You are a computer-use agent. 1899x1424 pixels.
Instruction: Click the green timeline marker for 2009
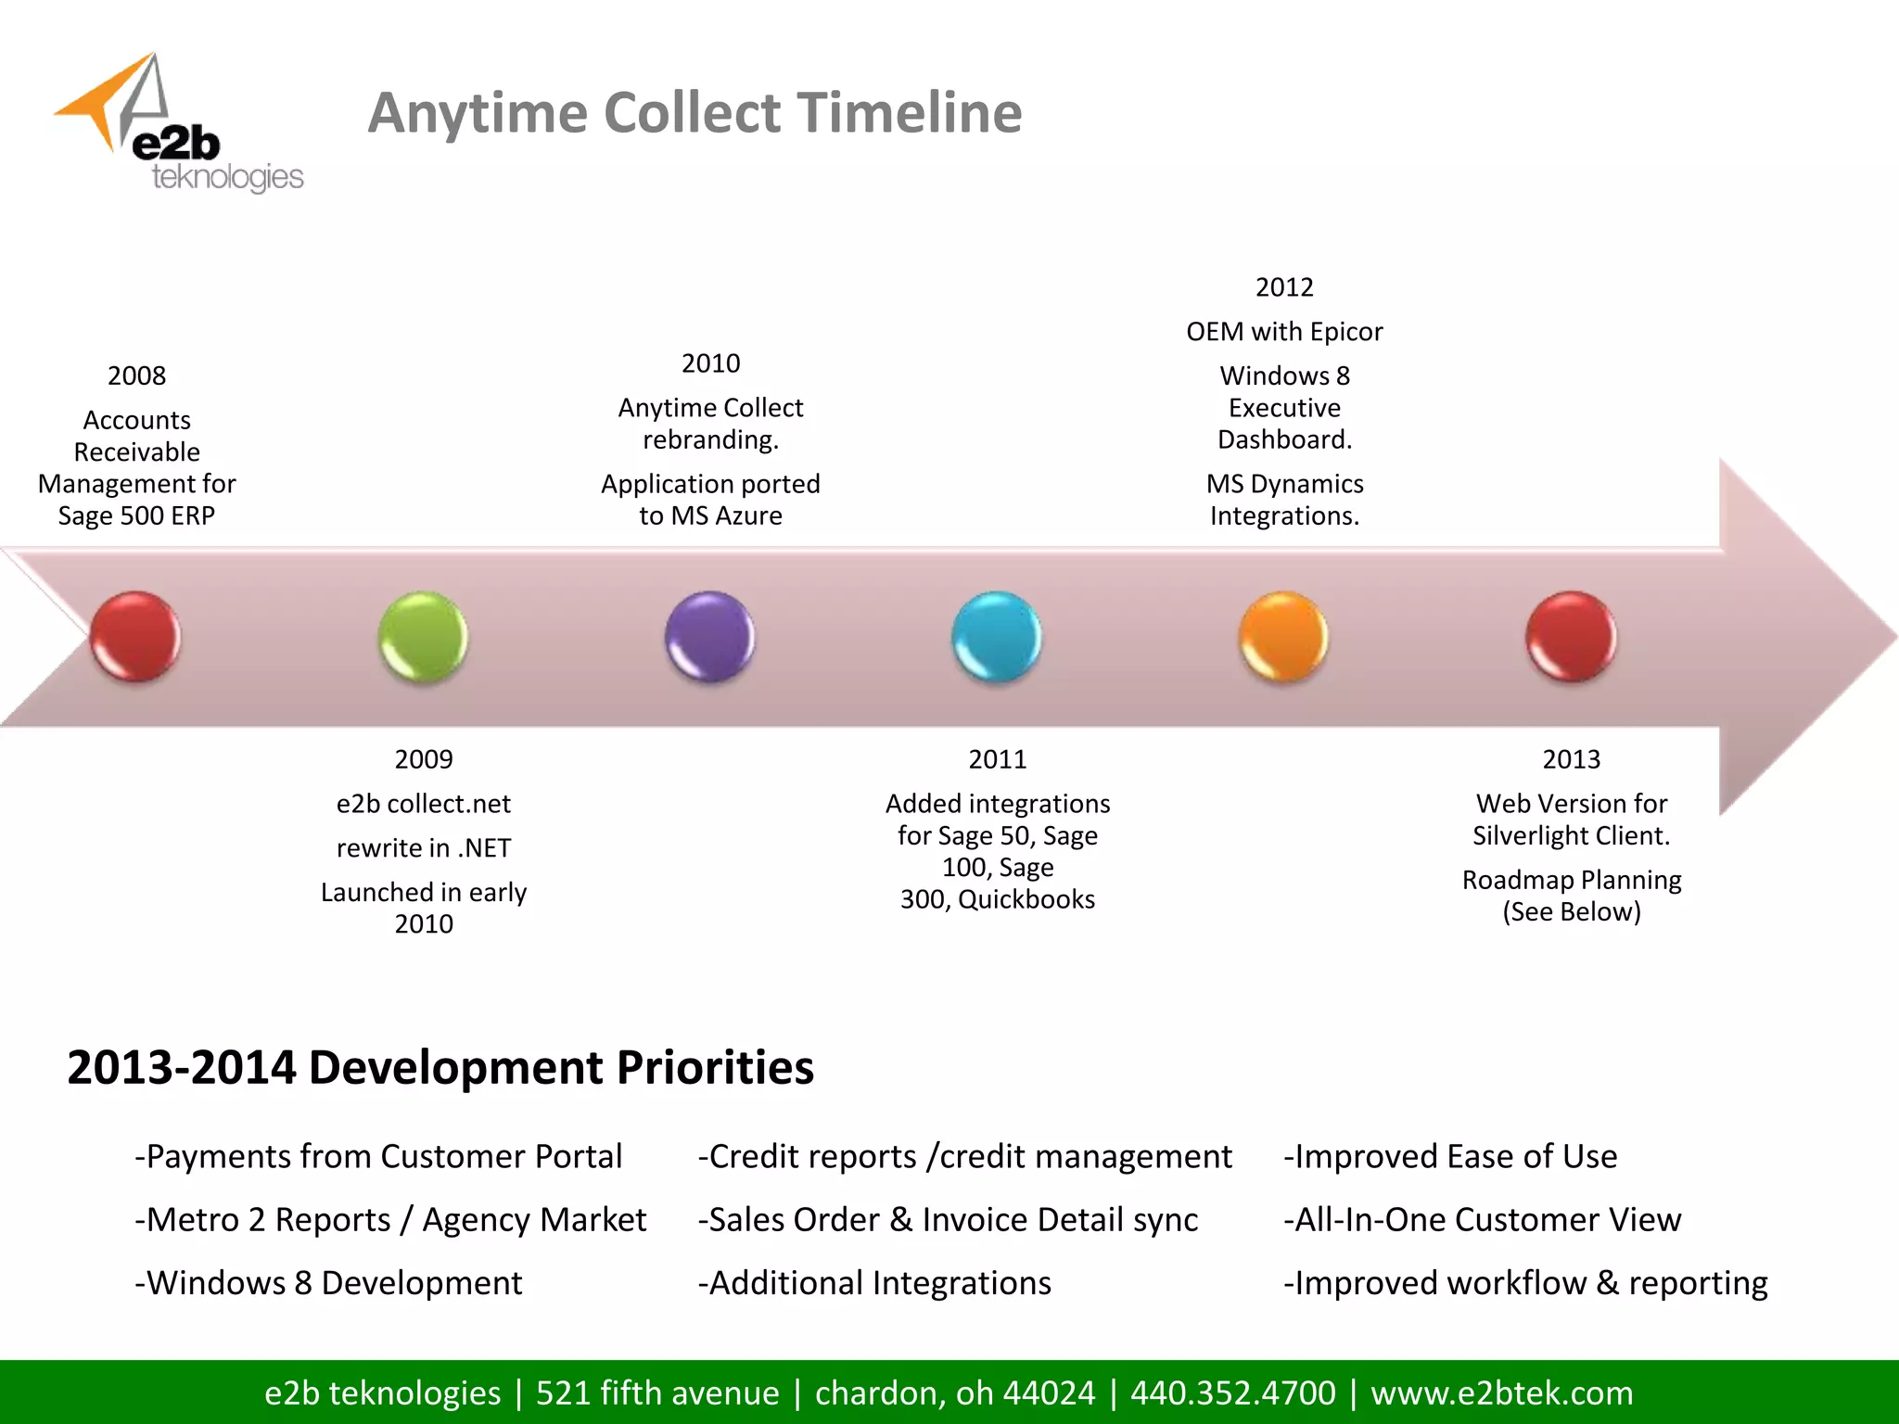423,637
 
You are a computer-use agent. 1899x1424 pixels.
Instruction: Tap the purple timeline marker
710,637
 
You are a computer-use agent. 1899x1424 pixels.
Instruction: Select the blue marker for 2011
997,637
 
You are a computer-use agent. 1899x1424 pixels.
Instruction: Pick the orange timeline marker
1284,637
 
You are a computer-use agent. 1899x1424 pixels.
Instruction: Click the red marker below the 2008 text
135,637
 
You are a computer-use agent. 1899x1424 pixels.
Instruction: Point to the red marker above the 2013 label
1571,637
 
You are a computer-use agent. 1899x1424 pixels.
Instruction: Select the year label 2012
1284,287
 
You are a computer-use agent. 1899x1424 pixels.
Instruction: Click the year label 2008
136,375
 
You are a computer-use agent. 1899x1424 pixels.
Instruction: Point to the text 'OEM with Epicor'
1284,332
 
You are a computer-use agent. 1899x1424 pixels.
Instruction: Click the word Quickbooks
1026,899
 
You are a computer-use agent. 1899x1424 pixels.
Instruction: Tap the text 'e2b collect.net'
424,804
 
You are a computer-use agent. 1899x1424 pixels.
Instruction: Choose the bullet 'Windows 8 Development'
329,1283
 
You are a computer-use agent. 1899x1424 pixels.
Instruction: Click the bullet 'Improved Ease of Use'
1451,1157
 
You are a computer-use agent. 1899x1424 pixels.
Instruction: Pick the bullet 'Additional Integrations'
875,1283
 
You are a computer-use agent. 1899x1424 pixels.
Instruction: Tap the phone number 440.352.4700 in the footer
1233,1392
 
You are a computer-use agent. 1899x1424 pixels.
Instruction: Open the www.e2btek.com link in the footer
1502,1392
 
